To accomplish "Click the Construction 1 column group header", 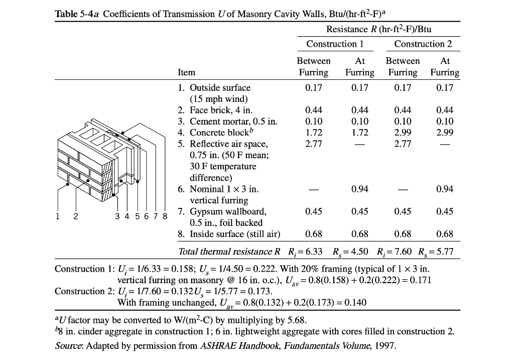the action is (335, 44).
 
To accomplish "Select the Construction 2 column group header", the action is (423, 44).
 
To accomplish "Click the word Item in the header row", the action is (186, 72).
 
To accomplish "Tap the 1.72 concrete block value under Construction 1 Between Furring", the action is (314, 133).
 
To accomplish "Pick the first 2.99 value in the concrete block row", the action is (403, 133).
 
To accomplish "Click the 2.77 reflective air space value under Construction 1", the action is (314, 144).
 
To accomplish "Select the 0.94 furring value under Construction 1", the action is (359, 189).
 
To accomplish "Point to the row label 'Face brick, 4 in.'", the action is (221, 110).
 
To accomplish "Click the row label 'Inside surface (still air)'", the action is (235, 234).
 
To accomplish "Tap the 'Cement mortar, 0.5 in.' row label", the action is (233, 122).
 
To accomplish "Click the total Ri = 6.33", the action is (305, 252).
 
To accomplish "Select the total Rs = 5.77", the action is (436, 252).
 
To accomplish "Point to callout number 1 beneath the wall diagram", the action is (58, 216).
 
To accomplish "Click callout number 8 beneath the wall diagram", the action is (165, 216).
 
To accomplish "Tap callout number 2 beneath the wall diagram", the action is (76, 216).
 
